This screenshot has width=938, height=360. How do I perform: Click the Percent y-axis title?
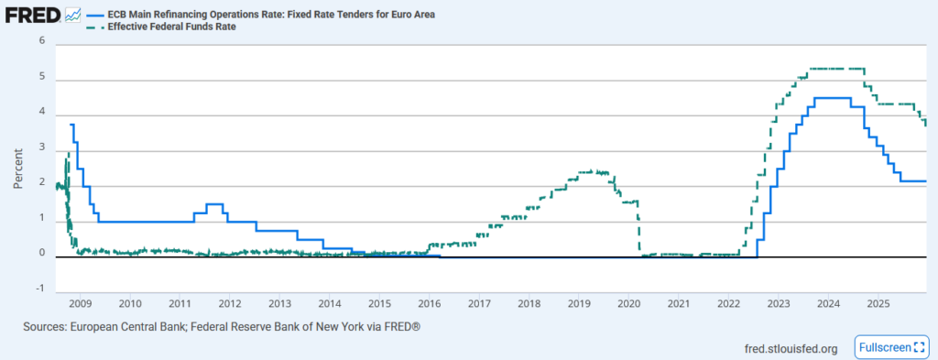click(18, 165)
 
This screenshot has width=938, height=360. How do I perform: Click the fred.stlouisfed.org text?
click(793, 348)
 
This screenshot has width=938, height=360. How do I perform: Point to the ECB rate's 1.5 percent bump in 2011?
click(215, 203)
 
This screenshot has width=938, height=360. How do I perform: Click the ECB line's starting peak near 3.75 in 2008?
click(72, 125)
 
